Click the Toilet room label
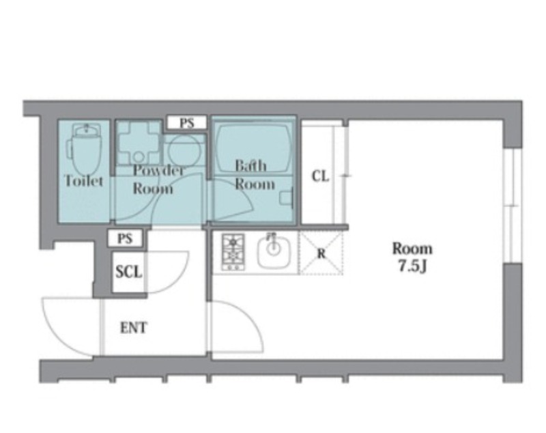[x=84, y=181]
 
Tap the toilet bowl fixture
[x=85, y=150]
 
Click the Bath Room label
[x=254, y=175]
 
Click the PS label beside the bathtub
[x=187, y=123]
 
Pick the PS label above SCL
[x=125, y=238]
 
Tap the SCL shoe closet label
[x=129, y=272]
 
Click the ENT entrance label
[x=134, y=327]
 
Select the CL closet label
[x=320, y=176]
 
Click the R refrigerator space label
[x=321, y=253]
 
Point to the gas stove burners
[x=233, y=252]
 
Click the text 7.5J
[x=412, y=266]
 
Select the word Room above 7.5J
[x=412, y=249]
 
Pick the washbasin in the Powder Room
[x=139, y=143]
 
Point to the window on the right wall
[x=513, y=206]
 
